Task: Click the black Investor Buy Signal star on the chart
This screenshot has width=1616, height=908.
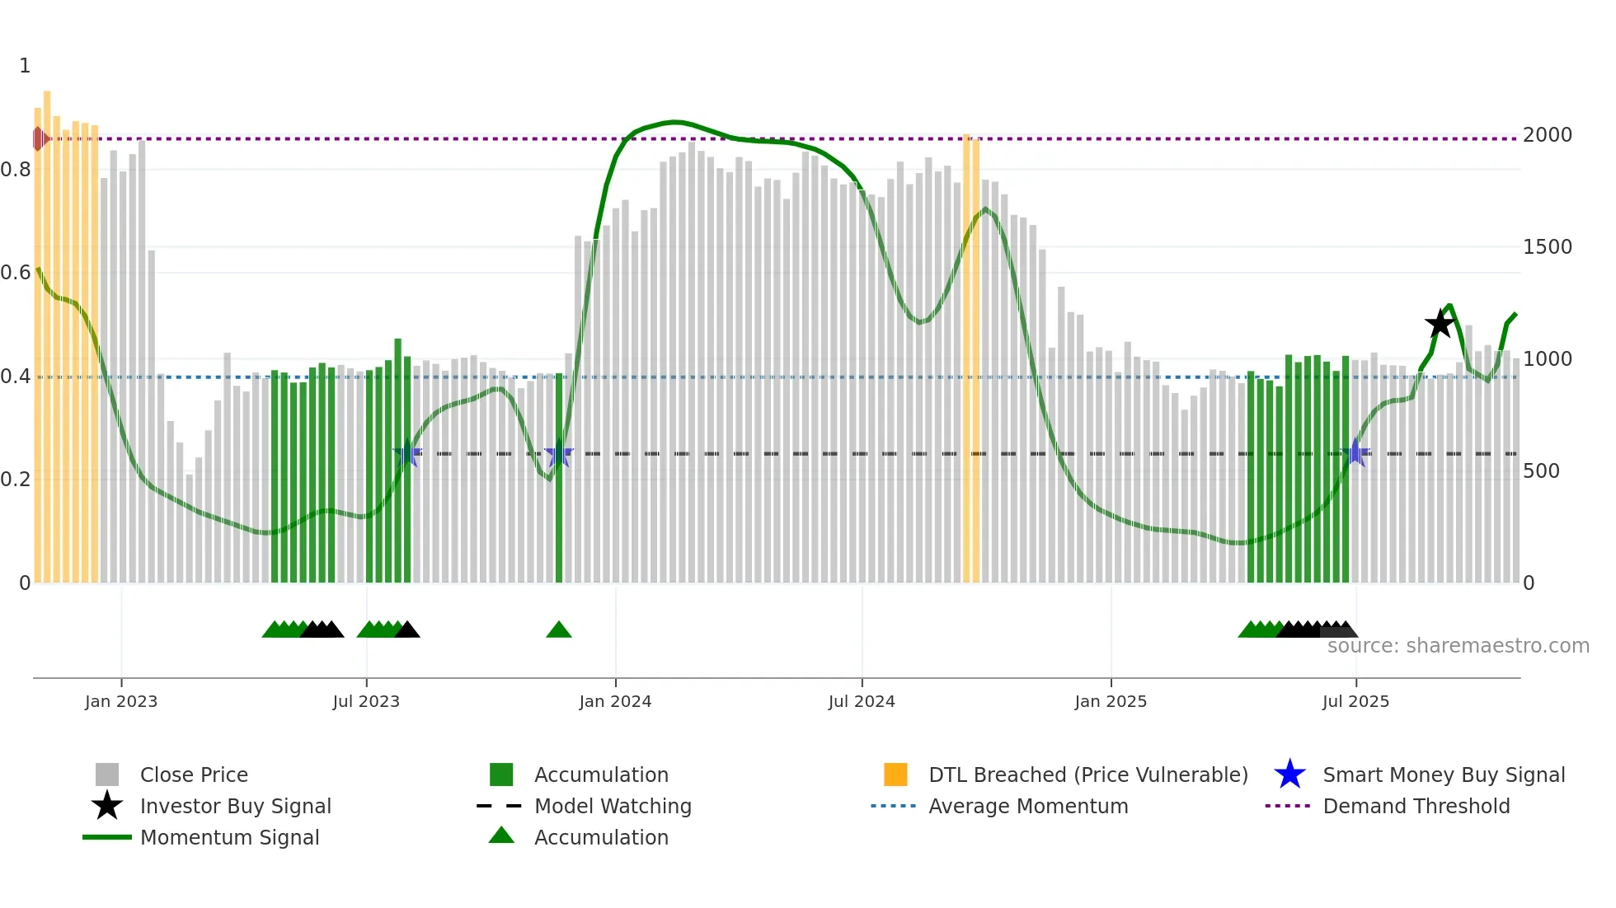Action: pos(1440,324)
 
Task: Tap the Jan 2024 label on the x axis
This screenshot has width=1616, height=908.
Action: pos(615,701)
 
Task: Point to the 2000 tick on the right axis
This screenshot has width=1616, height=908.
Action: pos(1547,135)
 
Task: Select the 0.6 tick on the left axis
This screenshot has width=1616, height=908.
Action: pos(16,273)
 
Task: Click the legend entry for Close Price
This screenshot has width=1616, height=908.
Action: pos(193,775)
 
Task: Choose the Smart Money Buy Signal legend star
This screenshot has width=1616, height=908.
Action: pos(1290,775)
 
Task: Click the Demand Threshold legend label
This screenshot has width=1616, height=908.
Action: pos(1416,807)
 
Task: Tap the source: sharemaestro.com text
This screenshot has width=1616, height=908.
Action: pos(1458,646)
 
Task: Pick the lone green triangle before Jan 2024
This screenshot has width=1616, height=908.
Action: pos(559,630)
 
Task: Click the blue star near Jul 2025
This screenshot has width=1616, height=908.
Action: pos(1355,453)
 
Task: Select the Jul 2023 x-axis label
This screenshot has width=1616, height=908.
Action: pos(366,701)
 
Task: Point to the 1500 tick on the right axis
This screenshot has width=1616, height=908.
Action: pos(1547,247)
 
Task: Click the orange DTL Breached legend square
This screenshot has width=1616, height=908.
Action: pos(895,775)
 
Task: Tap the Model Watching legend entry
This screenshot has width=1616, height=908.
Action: pos(612,807)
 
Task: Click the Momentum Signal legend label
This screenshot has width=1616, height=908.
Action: pos(229,838)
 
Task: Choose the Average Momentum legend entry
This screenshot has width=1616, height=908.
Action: pos(1027,807)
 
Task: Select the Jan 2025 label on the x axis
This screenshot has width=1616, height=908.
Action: pos(1110,701)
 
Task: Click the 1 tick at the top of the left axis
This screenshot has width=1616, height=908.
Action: pos(25,66)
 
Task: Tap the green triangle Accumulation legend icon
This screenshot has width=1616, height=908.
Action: pos(501,836)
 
